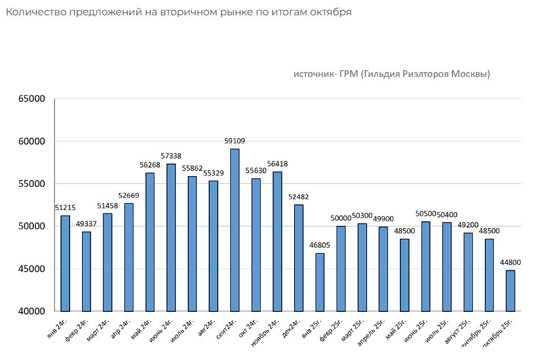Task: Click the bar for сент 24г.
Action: (235, 230)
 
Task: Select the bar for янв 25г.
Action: (320, 282)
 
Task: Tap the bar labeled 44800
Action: (511, 290)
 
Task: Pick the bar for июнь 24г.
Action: (171, 237)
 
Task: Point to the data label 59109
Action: (235, 141)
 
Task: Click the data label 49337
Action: (86, 224)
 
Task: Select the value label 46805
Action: (320, 245)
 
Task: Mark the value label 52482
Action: (298, 197)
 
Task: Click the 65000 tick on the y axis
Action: (31, 99)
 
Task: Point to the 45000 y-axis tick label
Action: (31, 269)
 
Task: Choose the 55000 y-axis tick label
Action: (31, 184)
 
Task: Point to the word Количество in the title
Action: (33, 12)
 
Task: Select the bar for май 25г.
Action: (404, 275)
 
